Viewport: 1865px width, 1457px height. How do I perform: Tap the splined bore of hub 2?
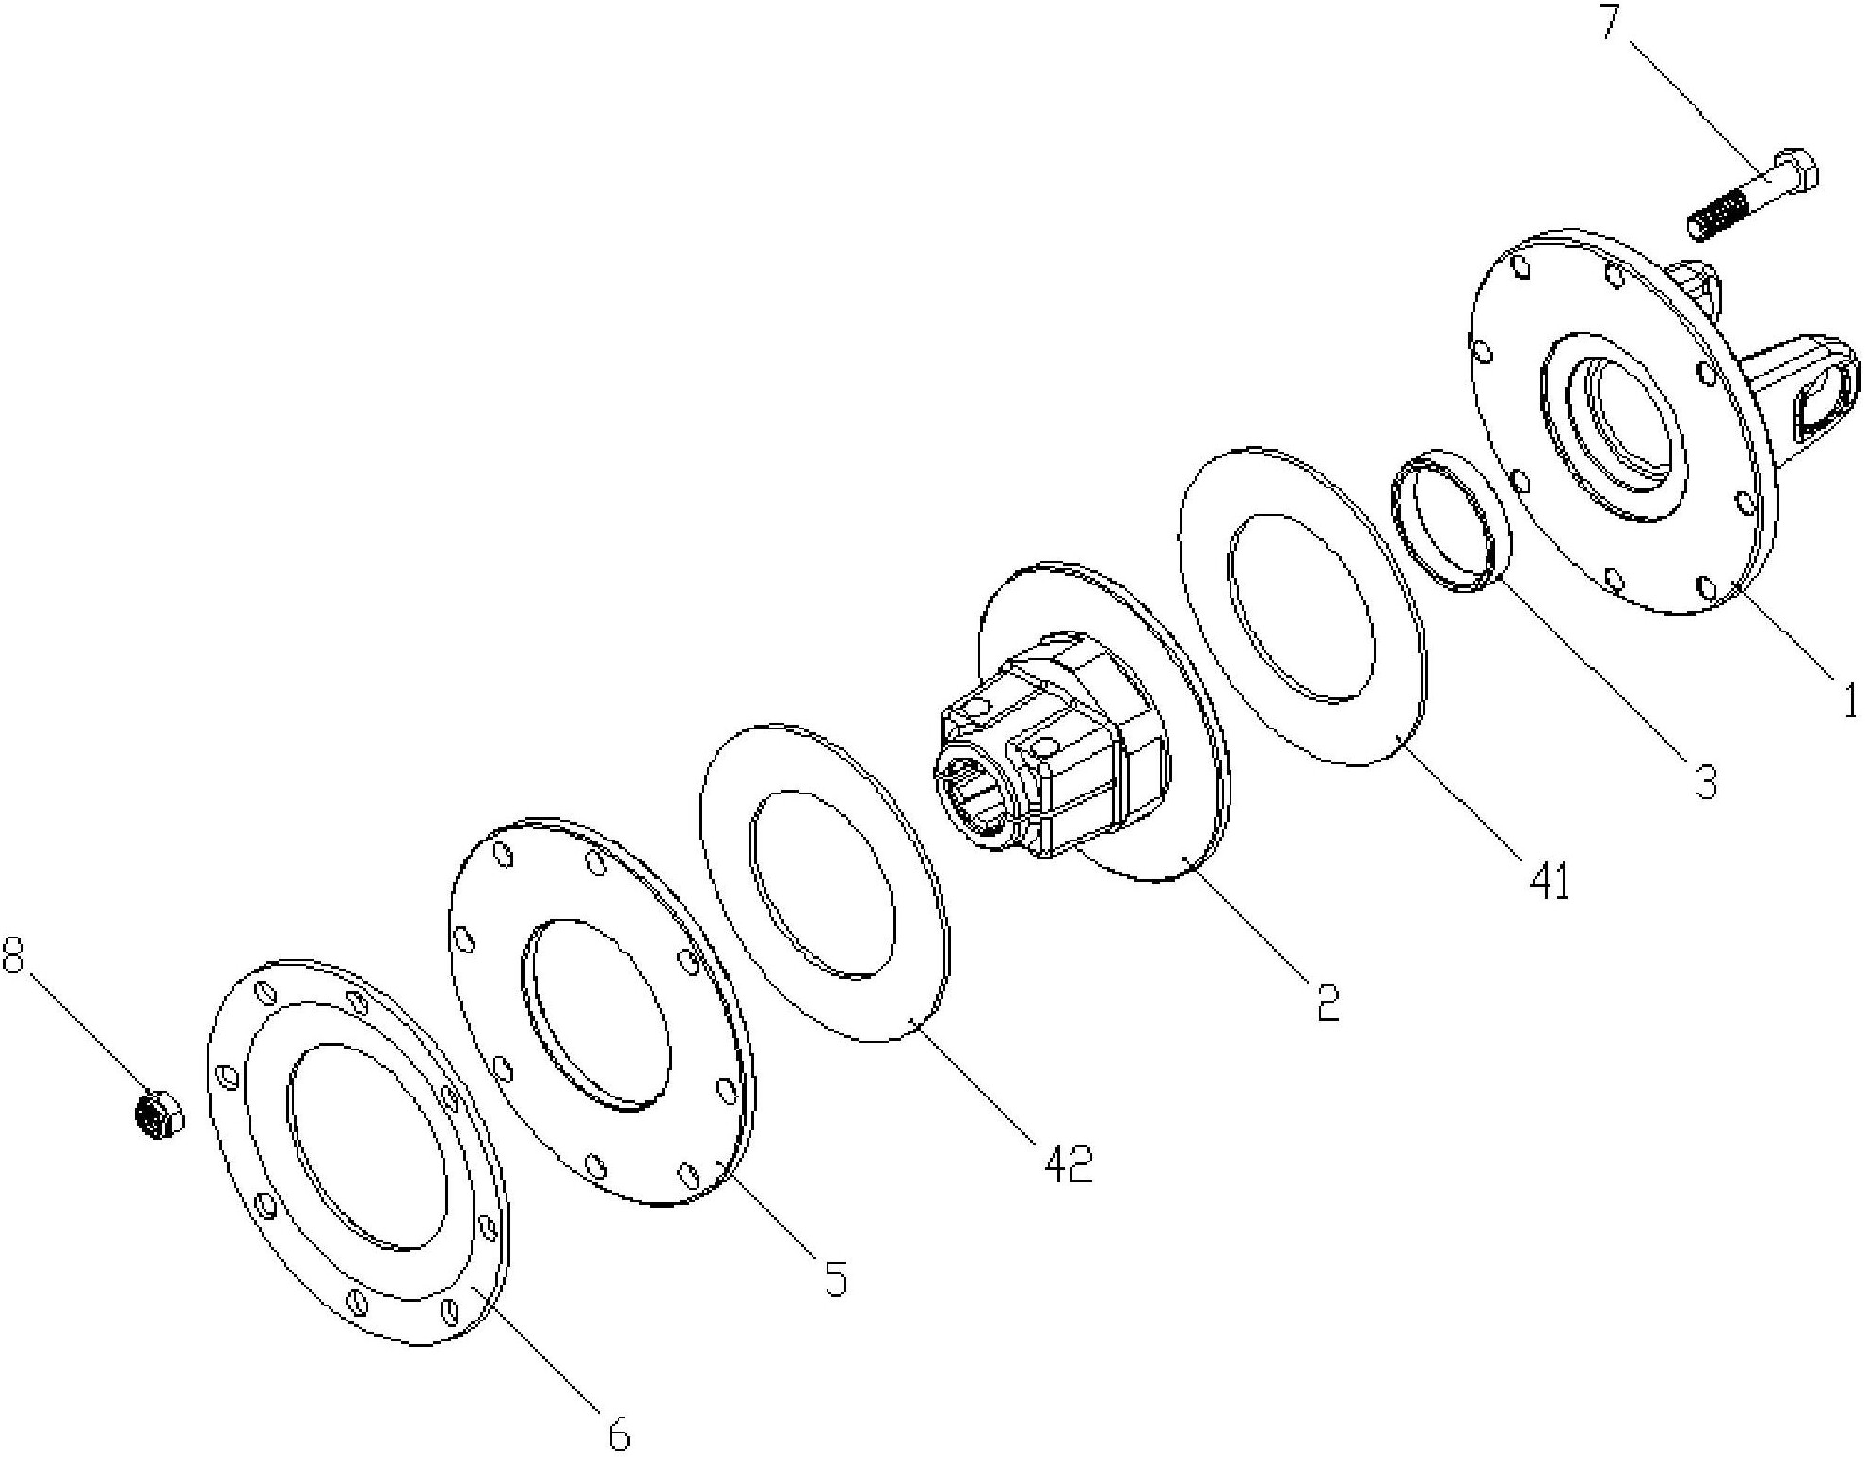click(976, 800)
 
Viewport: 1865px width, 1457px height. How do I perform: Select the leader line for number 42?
click(981, 1082)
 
